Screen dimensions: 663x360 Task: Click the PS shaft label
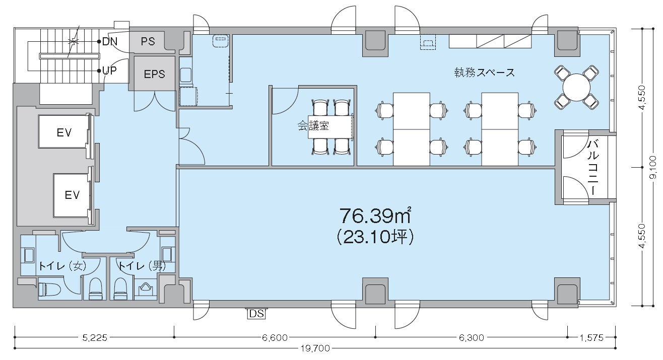[148, 41]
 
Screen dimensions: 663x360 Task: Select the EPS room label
[154, 74]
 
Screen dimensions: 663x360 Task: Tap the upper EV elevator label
[64, 132]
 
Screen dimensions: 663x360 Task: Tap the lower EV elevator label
[72, 195]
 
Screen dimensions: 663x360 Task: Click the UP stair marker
[109, 70]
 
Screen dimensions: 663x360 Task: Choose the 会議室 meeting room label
[313, 126]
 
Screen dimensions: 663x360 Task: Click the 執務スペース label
[485, 73]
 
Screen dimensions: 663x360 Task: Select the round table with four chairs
[576, 87]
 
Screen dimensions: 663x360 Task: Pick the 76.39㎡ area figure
[375, 215]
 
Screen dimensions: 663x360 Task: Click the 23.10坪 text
[375, 237]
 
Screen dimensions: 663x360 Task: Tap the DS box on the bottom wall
[256, 314]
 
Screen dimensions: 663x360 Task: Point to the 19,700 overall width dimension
[315, 348]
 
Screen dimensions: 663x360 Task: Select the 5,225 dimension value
[94, 337]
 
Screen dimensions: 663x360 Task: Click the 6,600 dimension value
[275, 337]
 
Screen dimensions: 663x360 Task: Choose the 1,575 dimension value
[591, 337]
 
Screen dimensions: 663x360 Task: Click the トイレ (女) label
[62, 266]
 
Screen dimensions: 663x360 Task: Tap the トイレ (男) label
[142, 266]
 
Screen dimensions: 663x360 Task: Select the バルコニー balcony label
[593, 168]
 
